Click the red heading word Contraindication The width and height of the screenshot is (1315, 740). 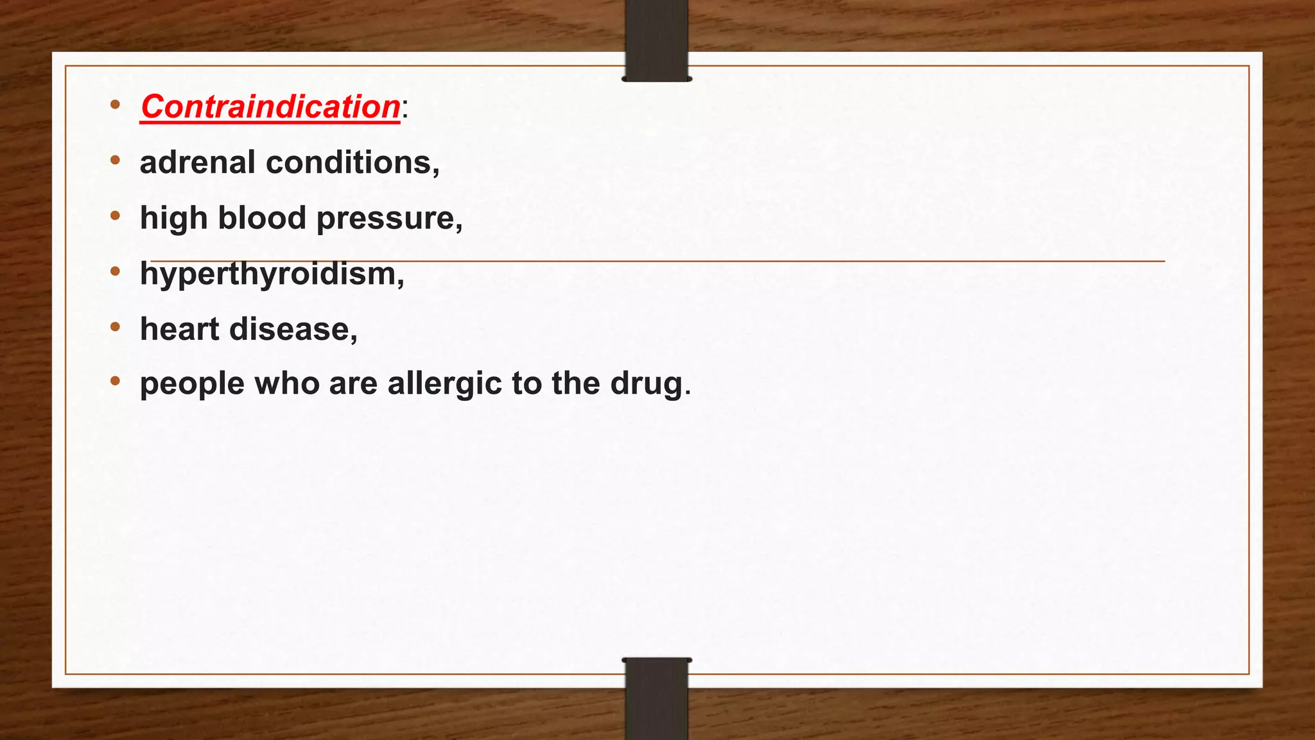pyautogui.click(x=270, y=107)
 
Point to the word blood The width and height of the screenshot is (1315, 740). pyautogui.click(x=262, y=218)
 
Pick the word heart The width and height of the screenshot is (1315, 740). pyautogui.click(x=180, y=329)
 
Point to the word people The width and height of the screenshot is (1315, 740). pyautogui.click(x=192, y=385)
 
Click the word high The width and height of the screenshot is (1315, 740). pyautogui.click(x=173, y=218)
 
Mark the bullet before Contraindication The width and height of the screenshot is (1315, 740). pyautogui.click(x=115, y=104)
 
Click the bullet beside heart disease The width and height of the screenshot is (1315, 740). pyautogui.click(x=115, y=327)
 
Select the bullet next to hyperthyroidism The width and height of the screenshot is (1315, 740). pyautogui.click(x=115, y=271)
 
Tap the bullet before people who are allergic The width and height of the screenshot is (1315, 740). pyautogui.click(x=115, y=382)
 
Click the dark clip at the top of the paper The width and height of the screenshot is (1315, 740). pyautogui.click(x=656, y=40)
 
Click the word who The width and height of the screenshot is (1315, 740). pyautogui.click(x=286, y=383)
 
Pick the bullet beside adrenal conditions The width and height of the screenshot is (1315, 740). pyautogui.click(x=115, y=160)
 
